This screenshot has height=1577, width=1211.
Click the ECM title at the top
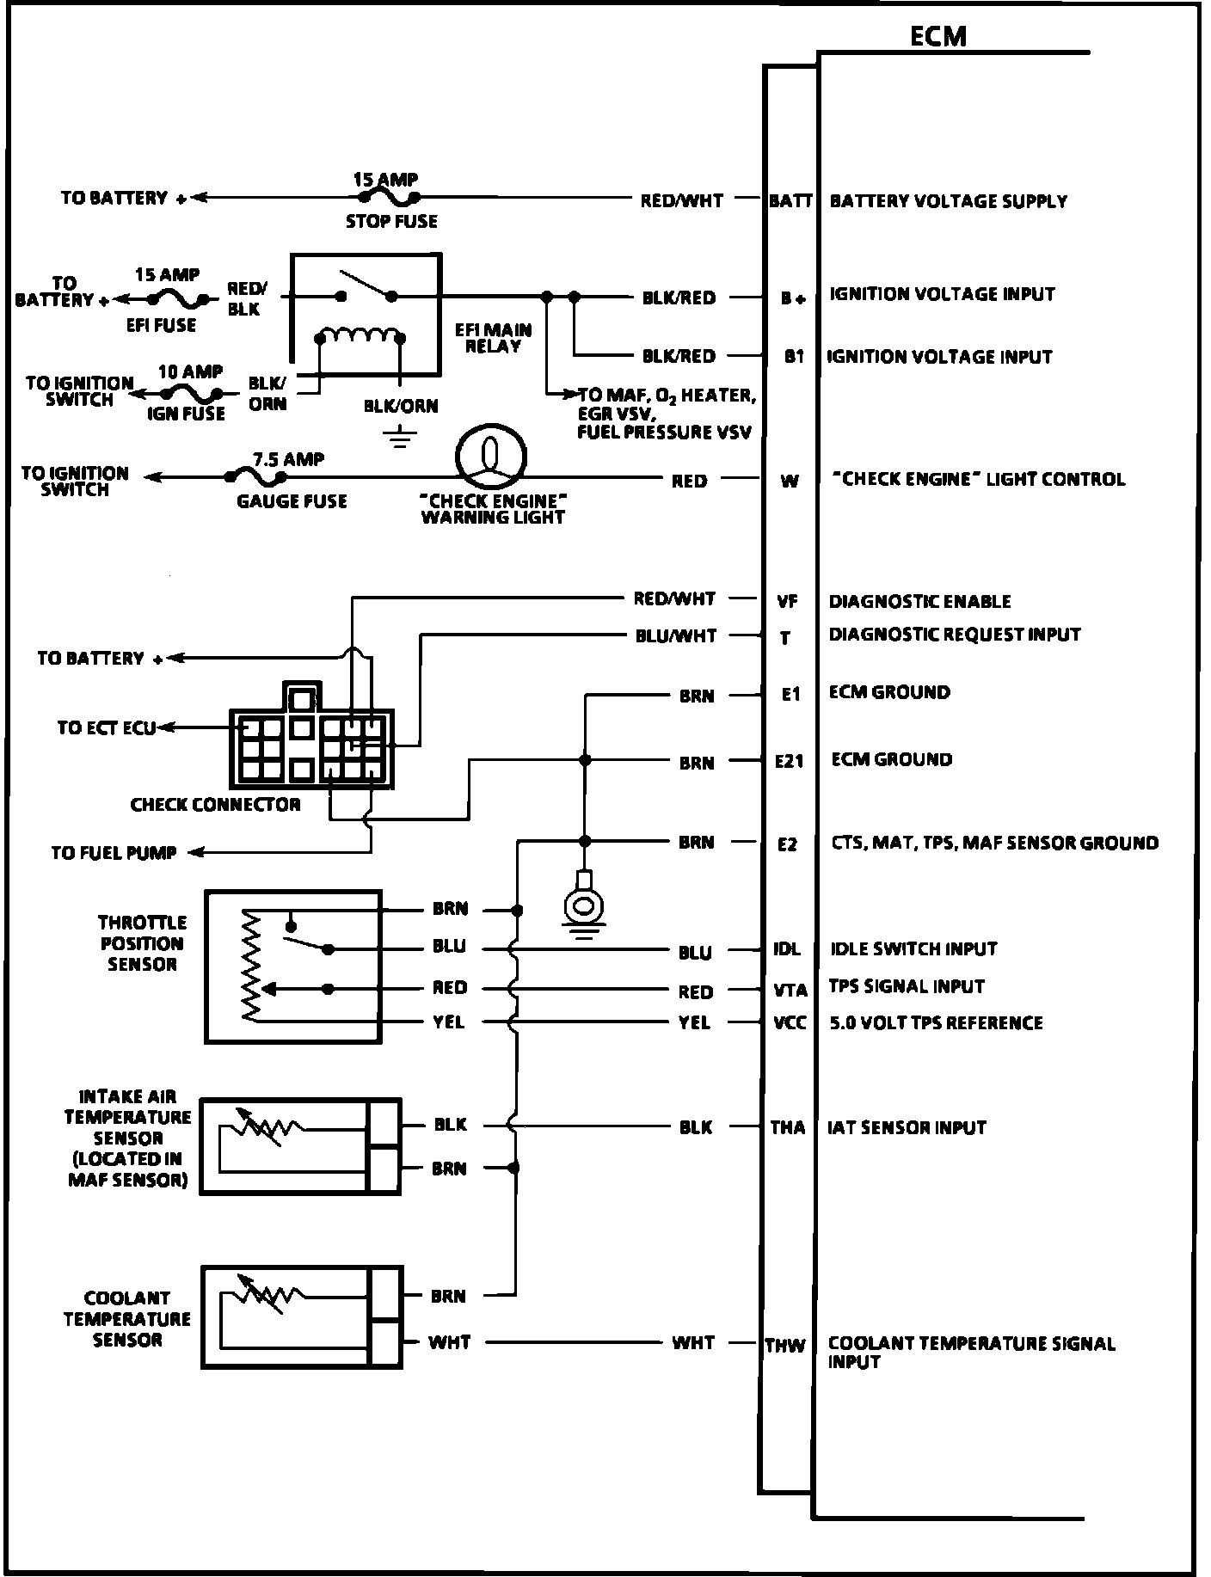click(937, 36)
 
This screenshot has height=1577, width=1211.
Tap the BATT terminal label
click(790, 201)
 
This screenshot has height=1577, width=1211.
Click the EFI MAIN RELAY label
click(493, 338)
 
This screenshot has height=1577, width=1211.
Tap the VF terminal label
click(788, 602)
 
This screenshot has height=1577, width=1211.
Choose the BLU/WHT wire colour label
click(675, 636)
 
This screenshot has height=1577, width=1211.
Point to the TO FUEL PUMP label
click(114, 853)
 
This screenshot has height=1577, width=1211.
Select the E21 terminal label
click(789, 761)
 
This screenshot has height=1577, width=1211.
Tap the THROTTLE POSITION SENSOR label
click(142, 943)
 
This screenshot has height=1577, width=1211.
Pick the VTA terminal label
click(790, 991)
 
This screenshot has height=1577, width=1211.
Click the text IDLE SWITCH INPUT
click(913, 949)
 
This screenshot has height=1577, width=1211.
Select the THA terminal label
click(788, 1127)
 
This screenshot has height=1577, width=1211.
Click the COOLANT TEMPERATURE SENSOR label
click(126, 1318)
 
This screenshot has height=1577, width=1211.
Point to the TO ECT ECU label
click(107, 728)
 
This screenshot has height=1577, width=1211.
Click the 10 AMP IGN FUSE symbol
click(189, 393)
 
